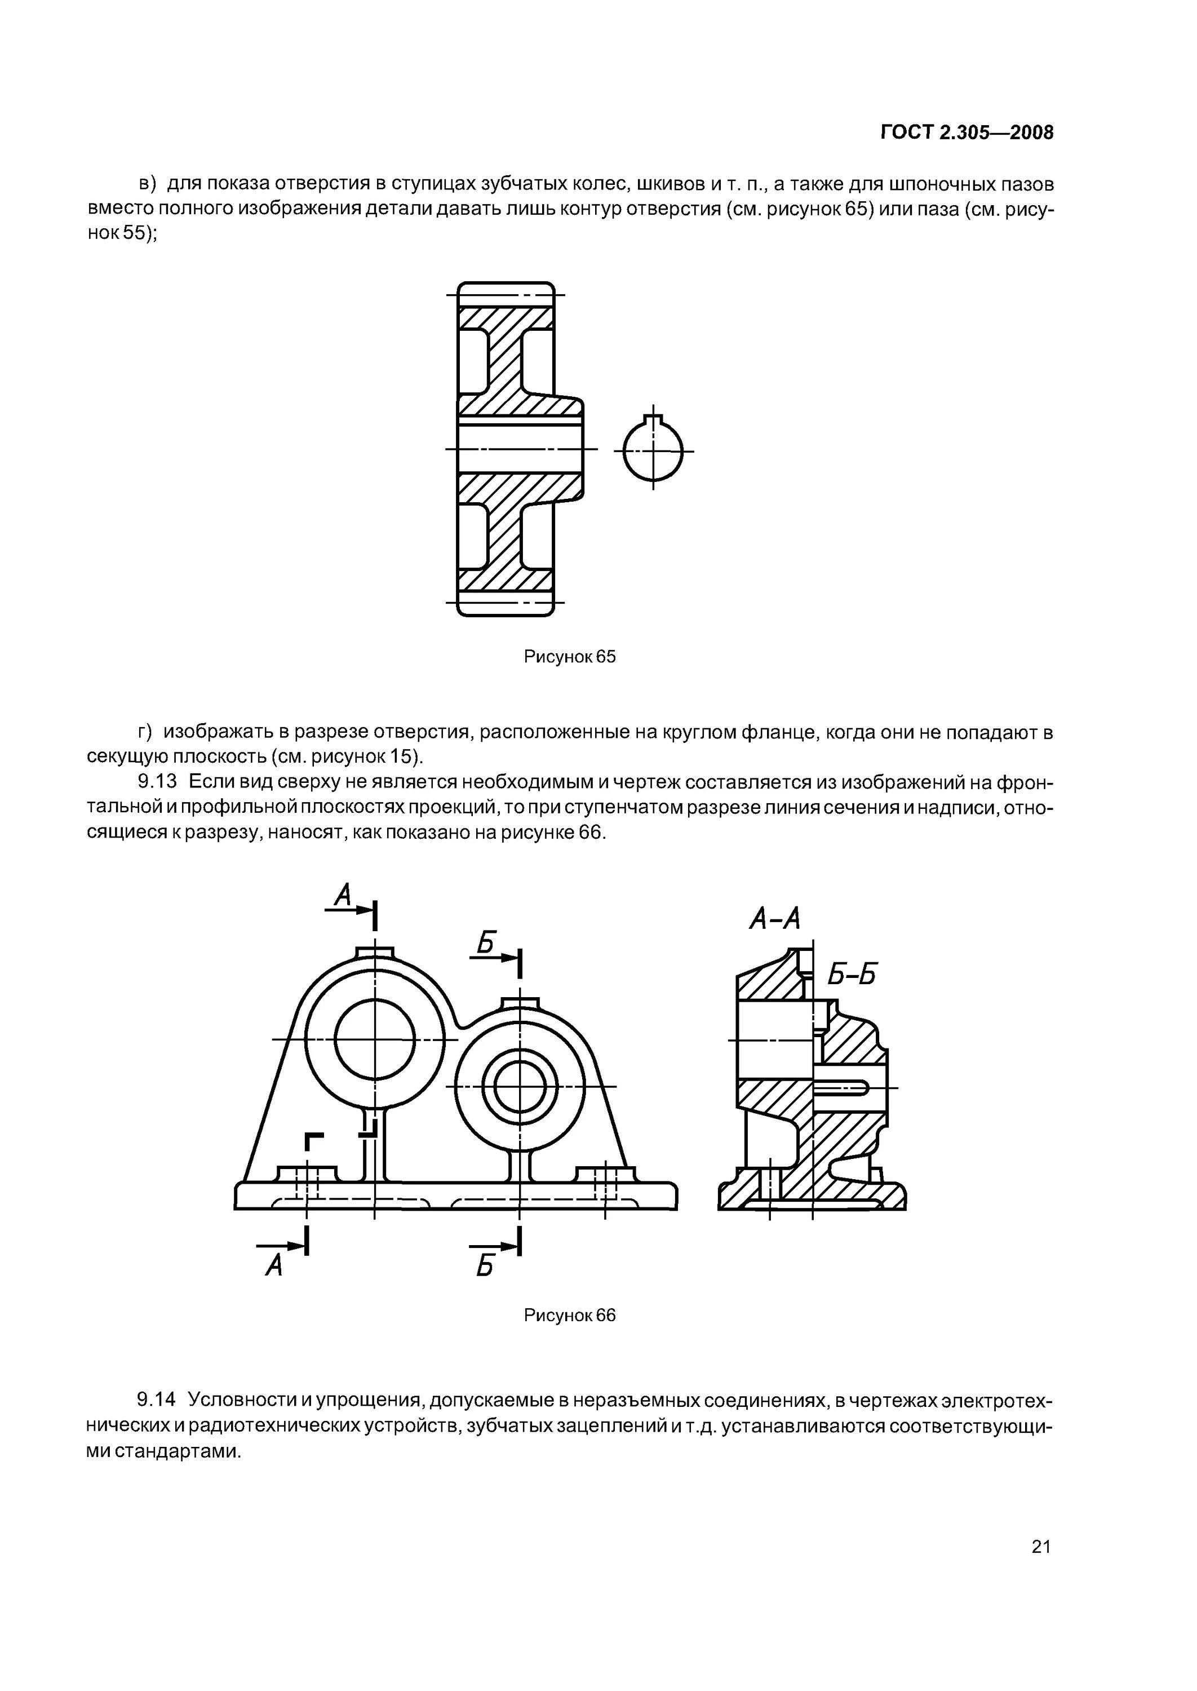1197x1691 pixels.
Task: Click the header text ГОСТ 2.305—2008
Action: pos(967,132)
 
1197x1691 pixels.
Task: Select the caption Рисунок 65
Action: pos(569,657)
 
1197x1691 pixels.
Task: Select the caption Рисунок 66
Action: pos(569,1315)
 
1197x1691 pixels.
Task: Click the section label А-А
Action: pos(774,918)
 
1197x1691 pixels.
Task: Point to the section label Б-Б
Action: pos(852,975)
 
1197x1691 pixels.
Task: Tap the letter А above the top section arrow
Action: pos(343,896)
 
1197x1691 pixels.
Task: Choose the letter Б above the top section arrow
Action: pos(485,942)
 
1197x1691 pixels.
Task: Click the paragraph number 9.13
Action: pos(157,781)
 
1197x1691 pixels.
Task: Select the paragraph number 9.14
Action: pos(157,1399)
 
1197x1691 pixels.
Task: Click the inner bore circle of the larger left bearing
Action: pos(374,1039)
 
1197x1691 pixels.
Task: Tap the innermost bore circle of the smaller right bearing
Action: pos(520,1087)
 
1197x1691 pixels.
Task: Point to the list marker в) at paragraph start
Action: pos(148,183)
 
